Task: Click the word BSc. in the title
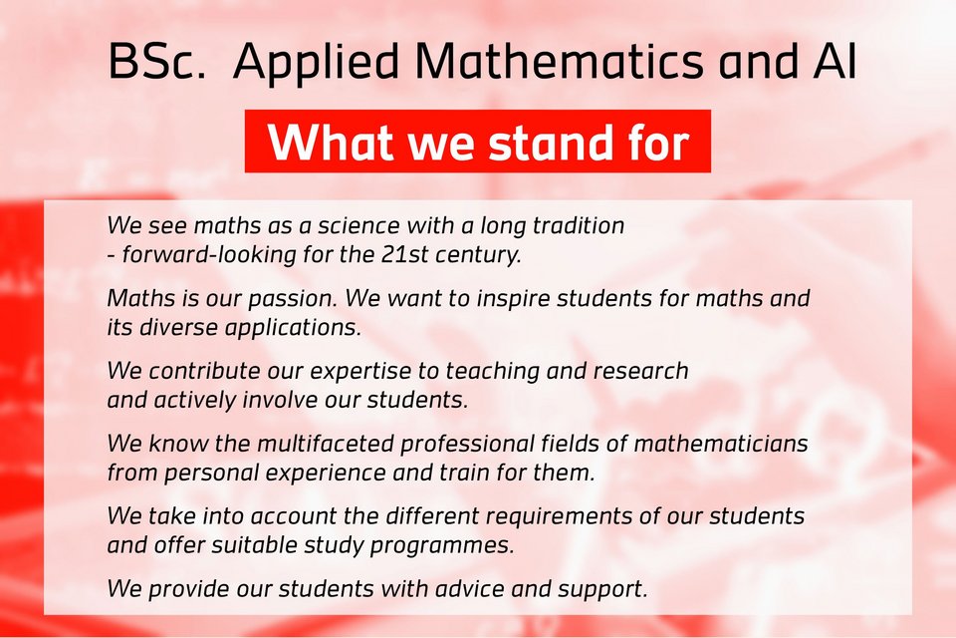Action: [157, 61]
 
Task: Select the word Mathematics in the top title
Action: [559, 61]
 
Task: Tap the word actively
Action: [195, 401]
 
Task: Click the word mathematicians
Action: [721, 444]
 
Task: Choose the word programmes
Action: [442, 546]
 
